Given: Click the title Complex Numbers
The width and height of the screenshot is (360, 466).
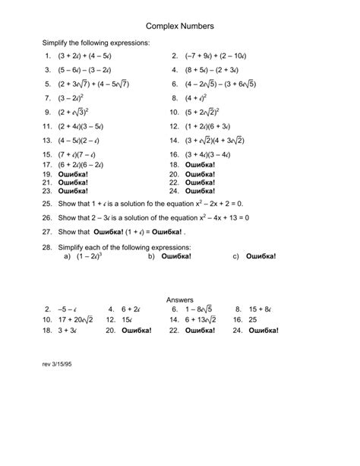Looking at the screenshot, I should click(179, 26).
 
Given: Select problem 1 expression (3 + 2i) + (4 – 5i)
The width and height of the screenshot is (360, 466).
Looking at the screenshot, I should click(86, 56).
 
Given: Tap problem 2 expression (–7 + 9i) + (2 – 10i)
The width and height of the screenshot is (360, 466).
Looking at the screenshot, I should click(223, 56).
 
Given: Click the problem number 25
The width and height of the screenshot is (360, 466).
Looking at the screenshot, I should click(47, 204).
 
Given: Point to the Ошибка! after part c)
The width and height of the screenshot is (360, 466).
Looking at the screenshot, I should click(261, 256).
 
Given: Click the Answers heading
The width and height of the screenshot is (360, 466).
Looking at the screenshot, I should click(179, 300).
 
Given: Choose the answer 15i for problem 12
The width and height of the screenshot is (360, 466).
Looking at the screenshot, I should click(127, 321).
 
